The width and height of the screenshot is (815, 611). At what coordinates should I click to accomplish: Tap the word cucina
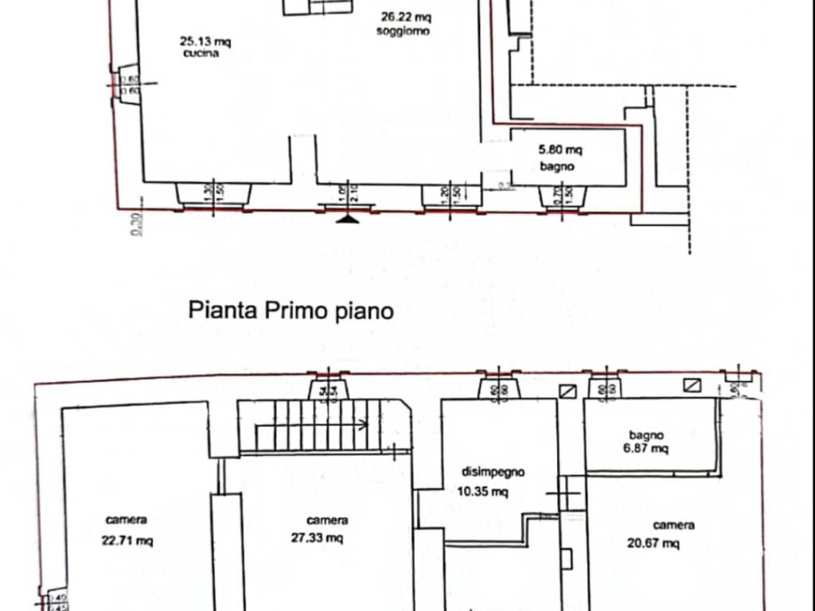coord(201,54)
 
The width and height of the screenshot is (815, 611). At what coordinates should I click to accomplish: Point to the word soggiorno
coord(404,31)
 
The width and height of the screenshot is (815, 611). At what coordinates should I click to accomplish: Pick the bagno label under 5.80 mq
coord(557,167)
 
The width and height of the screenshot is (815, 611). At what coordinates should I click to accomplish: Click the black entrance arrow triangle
coord(346,218)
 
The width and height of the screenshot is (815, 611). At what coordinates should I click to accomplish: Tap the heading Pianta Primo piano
coord(291,310)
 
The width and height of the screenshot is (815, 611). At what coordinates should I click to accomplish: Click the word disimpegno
coord(493,472)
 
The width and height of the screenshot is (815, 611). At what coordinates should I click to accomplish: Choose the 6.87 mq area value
coord(646,449)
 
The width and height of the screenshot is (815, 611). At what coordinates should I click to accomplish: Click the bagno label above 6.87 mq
coord(646,435)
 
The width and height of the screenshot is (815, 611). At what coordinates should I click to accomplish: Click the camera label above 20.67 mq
coord(673,525)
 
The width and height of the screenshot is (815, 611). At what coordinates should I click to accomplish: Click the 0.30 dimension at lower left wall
coord(137,226)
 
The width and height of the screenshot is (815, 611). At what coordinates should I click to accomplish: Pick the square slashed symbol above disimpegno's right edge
coord(568,391)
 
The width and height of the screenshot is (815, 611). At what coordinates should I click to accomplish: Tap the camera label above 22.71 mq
coord(126,520)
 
